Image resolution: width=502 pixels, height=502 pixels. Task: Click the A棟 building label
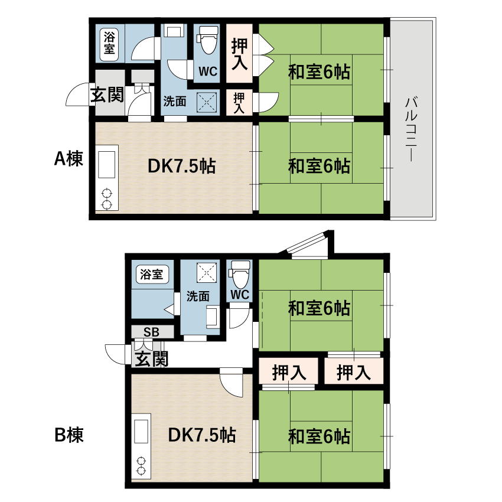tap(69, 158)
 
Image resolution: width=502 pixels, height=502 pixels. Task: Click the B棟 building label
tap(69, 435)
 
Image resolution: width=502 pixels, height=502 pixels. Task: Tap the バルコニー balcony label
tap(411, 129)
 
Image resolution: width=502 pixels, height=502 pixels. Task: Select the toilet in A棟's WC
tap(208, 40)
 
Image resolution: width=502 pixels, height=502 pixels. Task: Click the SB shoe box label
tap(151, 332)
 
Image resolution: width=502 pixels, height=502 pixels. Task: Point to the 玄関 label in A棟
tap(107, 94)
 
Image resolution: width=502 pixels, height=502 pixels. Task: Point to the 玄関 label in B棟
tap(151, 359)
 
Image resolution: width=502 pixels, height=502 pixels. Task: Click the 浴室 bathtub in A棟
tap(109, 45)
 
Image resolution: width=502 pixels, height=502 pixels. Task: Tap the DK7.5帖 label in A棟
tap(182, 166)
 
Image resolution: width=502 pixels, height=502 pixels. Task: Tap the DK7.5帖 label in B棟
tap(202, 435)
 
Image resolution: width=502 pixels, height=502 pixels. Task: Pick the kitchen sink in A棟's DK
tap(107, 165)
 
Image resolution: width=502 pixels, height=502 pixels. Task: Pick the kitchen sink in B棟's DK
tap(141, 432)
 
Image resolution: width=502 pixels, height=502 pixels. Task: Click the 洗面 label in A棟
tap(175, 102)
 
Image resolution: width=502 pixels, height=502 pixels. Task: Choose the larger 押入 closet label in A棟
tap(239, 54)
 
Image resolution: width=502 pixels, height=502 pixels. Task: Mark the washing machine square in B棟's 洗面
tap(207, 272)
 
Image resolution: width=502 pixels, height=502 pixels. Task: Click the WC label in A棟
tap(208, 71)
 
